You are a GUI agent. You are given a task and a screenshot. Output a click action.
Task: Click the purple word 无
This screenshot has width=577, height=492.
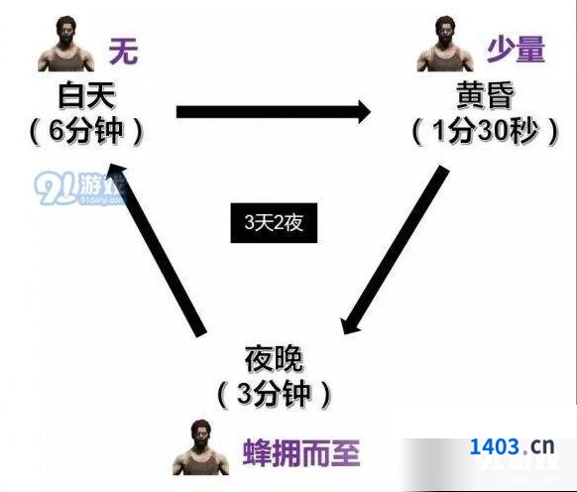click(x=123, y=52)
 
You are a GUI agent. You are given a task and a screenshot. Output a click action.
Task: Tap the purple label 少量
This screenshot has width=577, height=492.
click(x=517, y=50)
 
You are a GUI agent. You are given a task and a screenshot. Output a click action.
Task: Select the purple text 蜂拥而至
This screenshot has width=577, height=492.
click(x=301, y=452)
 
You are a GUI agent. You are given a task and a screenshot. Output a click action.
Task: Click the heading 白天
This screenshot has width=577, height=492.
click(x=87, y=96)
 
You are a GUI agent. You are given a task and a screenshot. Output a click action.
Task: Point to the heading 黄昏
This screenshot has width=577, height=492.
click(x=485, y=94)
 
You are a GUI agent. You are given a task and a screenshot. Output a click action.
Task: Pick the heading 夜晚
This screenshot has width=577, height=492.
click(x=274, y=359)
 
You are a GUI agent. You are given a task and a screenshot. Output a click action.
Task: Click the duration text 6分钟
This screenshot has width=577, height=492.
click(x=85, y=132)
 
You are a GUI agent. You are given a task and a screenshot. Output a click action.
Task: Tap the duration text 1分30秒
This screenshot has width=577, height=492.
click(x=486, y=132)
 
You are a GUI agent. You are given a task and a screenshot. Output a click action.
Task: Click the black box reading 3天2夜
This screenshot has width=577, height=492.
click(x=274, y=223)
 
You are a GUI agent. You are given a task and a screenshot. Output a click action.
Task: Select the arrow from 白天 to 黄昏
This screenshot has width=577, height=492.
click(x=274, y=112)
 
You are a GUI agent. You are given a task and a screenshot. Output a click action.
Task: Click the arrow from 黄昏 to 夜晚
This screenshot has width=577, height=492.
click(x=395, y=250)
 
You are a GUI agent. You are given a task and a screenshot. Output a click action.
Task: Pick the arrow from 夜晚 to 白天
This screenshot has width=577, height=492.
click(x=158, y=250)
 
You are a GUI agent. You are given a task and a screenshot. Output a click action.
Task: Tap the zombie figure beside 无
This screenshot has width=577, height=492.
click(x=65, y=44)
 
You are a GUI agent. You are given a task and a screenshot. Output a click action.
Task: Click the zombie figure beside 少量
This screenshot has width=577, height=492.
click(x=444, y=44)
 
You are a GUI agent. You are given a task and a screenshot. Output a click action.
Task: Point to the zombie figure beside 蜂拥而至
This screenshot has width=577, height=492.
click(x=200, y=447)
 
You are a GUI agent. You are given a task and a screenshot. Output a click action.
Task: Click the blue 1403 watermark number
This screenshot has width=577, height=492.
click(x=495, y=446)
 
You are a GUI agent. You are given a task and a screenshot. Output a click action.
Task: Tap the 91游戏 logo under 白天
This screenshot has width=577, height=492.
click(x=79, y=188)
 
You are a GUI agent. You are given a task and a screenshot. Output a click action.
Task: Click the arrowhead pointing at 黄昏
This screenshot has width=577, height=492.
click(x=363, y=112)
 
